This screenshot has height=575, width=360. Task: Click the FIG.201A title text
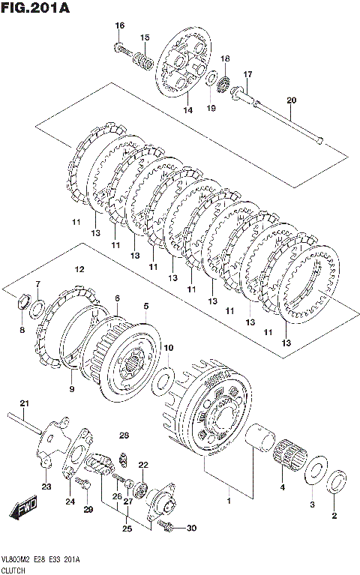(35, 7)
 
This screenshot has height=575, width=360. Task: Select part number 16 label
(120, 25)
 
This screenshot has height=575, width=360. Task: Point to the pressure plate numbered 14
(184, 61)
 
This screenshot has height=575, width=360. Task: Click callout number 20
(292, 100)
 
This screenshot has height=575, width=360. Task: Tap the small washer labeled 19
(211, 79)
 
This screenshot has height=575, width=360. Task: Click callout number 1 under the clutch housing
(229, 501)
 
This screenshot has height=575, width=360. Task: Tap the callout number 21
(24, 403)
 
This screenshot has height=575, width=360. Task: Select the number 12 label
(79, 270)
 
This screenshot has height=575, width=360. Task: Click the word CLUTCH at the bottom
(13, 571)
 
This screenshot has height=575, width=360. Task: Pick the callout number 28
(124, 436)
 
